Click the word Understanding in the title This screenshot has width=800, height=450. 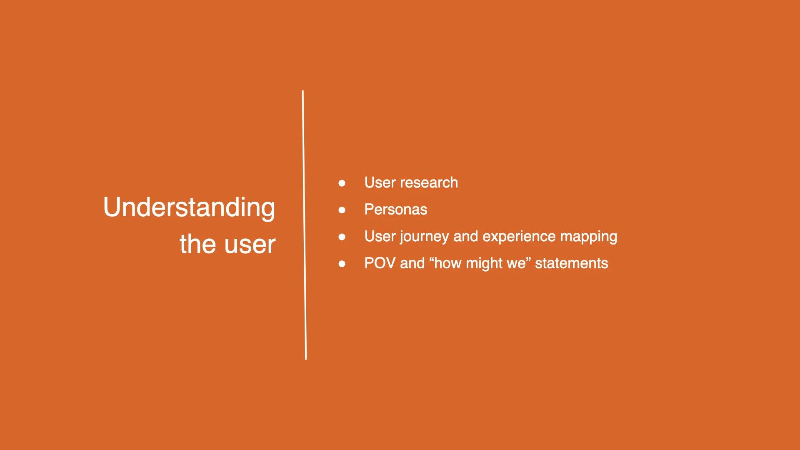click(x=189, y=207)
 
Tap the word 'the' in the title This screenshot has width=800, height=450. click(x=197, y=244)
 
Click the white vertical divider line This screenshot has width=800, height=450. click(x=304, y=225)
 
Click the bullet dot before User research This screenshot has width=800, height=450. click(x=342, y=183)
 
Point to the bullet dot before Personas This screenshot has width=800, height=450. click(x=342, y=210)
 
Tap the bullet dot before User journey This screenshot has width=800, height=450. click(x=342, y=237)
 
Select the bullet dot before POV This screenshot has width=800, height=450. click(x=342, y=264)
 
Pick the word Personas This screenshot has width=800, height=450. click(x=395, y=209)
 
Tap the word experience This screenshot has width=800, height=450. click(x=519, y=236)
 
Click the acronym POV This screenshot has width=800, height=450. click(x=380, y=263)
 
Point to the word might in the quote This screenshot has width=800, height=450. click(x=484, y=263)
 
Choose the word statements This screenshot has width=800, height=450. click(x=571, y=263)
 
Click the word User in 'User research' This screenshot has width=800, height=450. click(x=380, y=182)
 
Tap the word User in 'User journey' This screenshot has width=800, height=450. click(x=380, y=236)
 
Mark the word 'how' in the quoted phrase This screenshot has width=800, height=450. click(x=448, y=263)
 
